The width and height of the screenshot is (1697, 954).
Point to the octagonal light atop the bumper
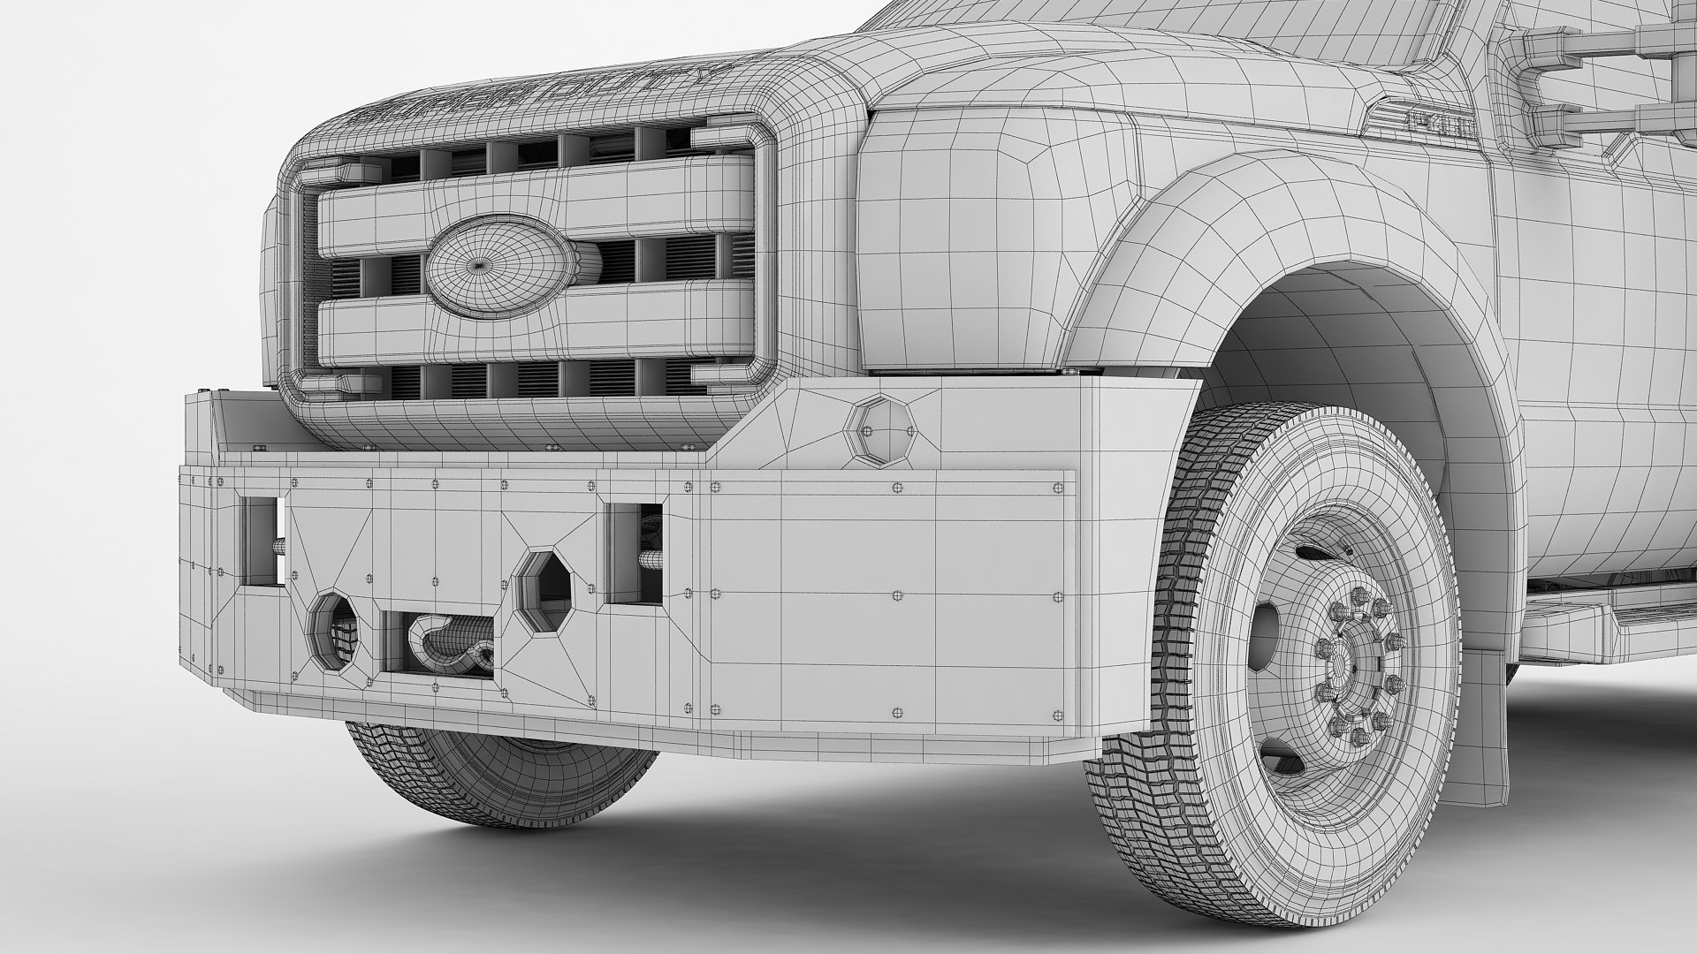pos(877,427)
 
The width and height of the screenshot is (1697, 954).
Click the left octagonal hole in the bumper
pos(334,630)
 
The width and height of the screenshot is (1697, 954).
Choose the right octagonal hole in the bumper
pos(543,592)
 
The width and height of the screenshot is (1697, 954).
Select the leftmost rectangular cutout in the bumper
pos(263,541)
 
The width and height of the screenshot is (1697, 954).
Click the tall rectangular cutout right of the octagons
pos(634,554)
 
